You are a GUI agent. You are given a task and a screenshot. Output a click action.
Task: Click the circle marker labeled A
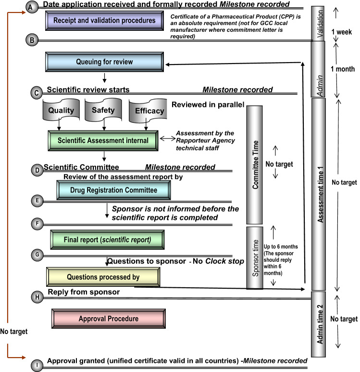point(32,8)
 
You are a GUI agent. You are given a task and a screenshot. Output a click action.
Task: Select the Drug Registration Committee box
point(113,190)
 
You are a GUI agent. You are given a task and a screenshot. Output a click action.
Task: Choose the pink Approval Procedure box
point(108,319)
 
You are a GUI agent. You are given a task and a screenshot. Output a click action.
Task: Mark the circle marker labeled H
point(37,296)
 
